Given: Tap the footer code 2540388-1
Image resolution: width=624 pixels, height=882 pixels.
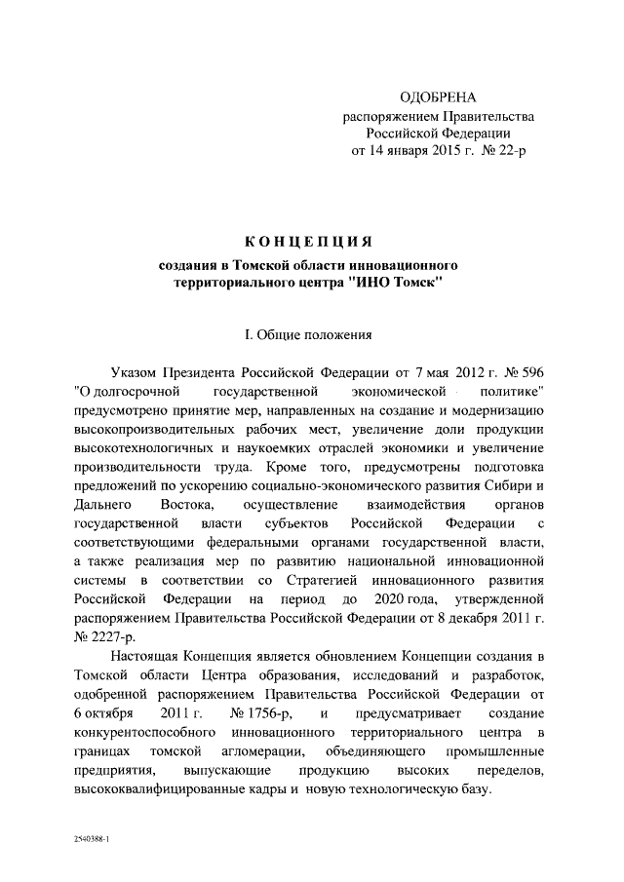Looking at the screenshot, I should [92, 837].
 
